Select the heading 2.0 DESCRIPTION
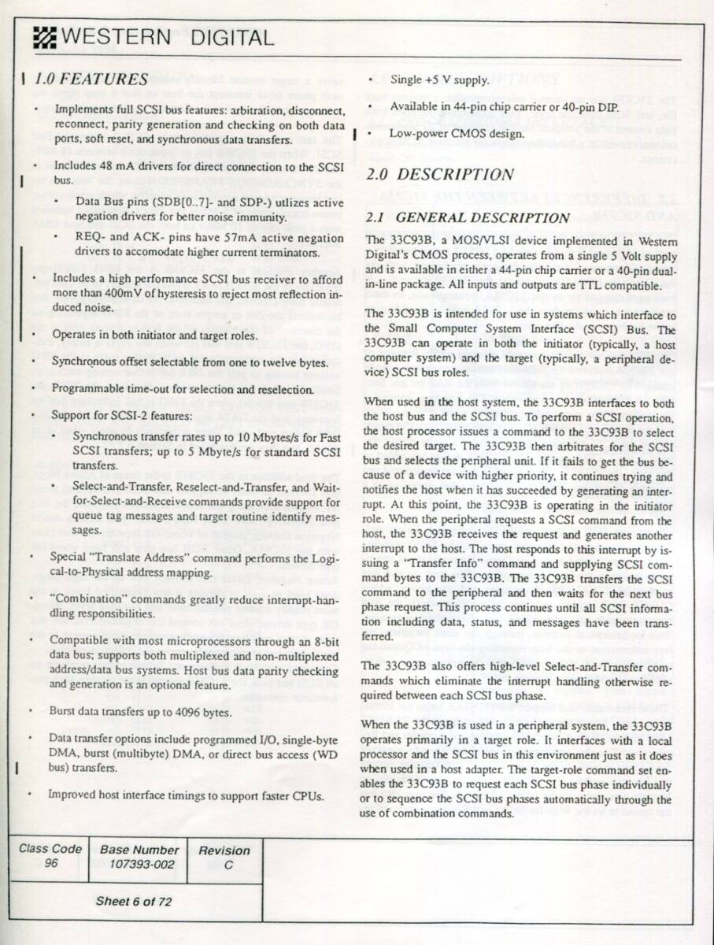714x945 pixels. click(440, 175)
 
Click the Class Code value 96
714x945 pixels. click(50, 862)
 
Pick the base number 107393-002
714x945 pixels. click(139, 863)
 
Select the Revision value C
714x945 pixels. click(228, 863)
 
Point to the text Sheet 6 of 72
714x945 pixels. click(133, 901)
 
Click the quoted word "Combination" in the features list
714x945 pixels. click(85, 599)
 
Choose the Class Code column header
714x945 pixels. click(50, 849)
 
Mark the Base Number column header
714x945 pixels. click(139, 850)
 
